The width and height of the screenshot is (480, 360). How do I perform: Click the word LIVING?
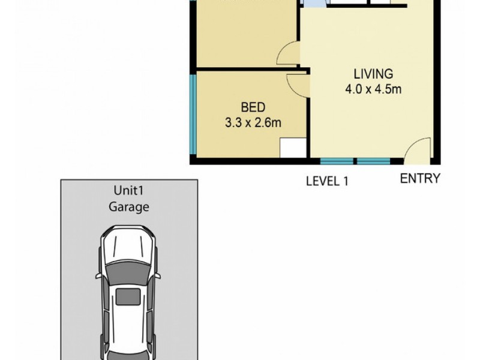pos(373,74)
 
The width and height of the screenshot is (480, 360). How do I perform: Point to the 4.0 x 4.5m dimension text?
pos(373,90)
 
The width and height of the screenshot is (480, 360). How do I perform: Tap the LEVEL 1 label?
pos(328,181)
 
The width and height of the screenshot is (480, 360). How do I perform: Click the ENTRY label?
pos(421,178)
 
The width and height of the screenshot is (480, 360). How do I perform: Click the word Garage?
pos(128,208)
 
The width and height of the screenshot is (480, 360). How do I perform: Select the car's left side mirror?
pos(97,276)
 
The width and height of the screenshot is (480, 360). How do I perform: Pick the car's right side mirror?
pos(158,276)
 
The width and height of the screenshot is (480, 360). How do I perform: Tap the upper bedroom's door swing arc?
pos(287,55)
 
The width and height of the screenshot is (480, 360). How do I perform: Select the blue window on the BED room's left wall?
pos(192,115)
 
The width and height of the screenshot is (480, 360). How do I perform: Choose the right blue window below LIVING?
pos(373,161)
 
